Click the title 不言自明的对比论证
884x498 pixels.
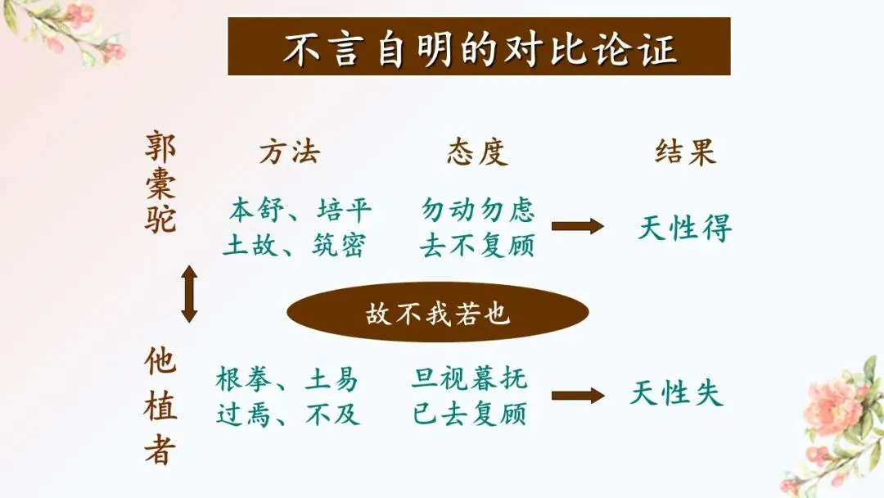479,48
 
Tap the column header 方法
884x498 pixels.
290,153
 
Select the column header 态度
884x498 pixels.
477,153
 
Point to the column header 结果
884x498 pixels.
685,153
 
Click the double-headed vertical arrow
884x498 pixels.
189,293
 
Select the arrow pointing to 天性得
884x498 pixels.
577,227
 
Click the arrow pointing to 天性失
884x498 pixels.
577,396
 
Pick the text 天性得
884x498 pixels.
684,229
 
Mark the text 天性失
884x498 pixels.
676,394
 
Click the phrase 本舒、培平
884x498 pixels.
300,211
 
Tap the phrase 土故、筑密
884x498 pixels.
295,245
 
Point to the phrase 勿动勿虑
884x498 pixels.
477,211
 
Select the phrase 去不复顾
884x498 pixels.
477,245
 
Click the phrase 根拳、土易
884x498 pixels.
287,380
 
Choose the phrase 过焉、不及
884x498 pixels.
287,414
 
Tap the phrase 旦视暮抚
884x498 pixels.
470,380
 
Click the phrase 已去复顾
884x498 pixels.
470,414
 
